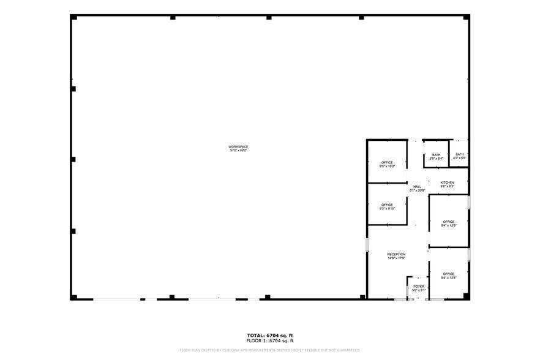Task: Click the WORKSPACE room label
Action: pyautogui.click(x=238, y=146)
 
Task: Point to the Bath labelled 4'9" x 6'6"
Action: pyautogui.click(x=459, y=156)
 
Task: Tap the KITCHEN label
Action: pyautogui.click(x=448, y=182)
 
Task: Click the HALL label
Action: pyautogui.click(x=417, y=187)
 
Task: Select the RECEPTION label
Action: pyautogui.click(x=396, y=254)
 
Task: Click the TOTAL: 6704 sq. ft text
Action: pyautogui.click(x=270, y=336)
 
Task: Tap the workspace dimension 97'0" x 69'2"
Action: pyautogui.click(x=238, y=150)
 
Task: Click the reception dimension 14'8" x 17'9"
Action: pyautogui.click(x=396, y=258)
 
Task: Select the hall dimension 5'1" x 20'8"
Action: pyautogui.click(x=417, y=190)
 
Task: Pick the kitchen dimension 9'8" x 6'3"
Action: pyautogui.click(x=448, y=187)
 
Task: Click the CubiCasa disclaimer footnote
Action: pyautogui.click(x=270, y=350)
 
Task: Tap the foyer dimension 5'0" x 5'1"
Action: pyautogui.click(x=419, y=290)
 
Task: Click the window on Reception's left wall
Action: pyautogui.click(x=367, y=246)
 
